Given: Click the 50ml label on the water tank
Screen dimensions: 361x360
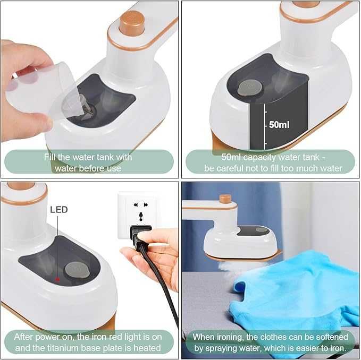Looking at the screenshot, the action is tap(279, 125).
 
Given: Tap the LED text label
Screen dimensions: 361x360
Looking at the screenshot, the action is tap(59, 210).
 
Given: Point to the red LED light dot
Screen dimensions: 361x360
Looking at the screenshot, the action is tap(57, 279).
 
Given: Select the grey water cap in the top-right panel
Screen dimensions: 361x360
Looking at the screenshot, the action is tap(250, 88).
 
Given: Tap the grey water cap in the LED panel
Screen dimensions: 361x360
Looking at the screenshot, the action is tap(77, 269).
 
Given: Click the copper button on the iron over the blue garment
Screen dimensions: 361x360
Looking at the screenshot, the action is tap(225, 199).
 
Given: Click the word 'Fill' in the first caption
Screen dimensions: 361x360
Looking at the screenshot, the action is tap(50, 157).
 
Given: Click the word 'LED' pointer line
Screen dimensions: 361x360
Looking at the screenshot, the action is tap(57, 246).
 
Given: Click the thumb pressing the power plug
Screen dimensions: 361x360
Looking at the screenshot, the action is tap(150, 237).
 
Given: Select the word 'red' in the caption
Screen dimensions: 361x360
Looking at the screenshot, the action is tap(115, 337).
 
